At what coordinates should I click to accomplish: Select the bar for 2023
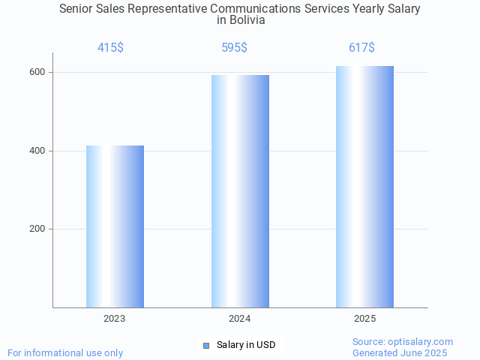click(115, 226)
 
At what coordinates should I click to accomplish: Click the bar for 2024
click(240, 191)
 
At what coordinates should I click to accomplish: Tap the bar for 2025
click(364, 187)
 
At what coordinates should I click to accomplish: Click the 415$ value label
click(110, 48)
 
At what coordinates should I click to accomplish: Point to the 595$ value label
click(235, 48)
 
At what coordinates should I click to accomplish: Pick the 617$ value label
click(361, 48)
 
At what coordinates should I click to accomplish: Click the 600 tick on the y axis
click(37, 72)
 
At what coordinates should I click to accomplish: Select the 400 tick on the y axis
click(37, 151)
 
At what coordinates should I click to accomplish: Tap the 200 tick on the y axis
click(37, 229)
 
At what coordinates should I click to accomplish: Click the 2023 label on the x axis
click(115, 319)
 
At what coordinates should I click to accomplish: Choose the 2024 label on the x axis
click(240, 319)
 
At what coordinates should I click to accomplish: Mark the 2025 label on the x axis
click(365, 319)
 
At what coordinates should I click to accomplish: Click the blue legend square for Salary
click(206, 345)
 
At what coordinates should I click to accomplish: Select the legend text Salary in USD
click(246, 345)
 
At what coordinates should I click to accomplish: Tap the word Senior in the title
click(77, 9)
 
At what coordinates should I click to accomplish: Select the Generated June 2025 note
click(400, 352)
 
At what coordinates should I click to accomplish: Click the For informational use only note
click(65, 352)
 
